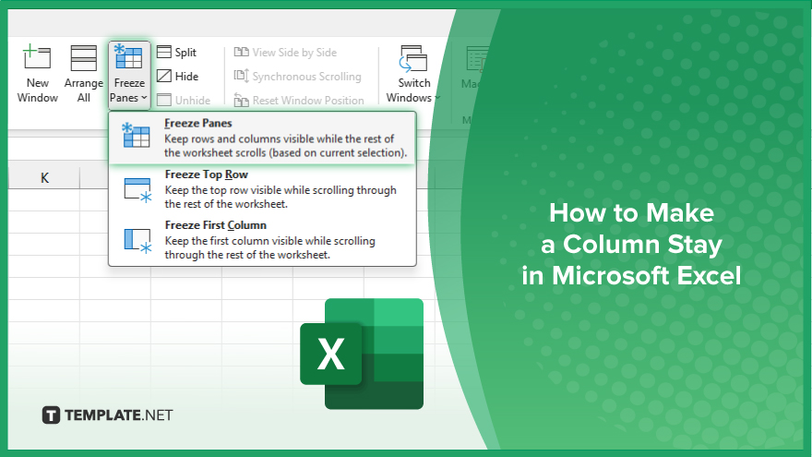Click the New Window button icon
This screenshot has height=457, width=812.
click(37, 56)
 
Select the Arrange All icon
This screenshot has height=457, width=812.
click(83, 57)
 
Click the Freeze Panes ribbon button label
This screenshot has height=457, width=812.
click(128, 90)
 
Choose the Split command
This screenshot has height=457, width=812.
click(176, 53)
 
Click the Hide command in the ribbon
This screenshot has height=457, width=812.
click(177, 76)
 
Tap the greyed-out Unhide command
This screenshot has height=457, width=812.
click(184, 100)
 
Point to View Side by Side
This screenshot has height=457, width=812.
click(285, 53)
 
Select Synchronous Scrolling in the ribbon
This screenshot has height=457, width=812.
click(298, 76)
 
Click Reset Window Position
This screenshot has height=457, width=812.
click(299, 100)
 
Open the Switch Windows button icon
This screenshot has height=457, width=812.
click(412, 58)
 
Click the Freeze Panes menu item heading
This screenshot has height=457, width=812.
click(197, 124)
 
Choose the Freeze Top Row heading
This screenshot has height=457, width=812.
click(206, 174)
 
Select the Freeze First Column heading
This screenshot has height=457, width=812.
click(215, 225)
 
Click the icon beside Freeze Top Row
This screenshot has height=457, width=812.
click(137, 189)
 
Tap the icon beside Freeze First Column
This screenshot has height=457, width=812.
click(137, 240)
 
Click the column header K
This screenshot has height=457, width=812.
click(44, 177)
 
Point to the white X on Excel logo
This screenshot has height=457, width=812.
click(330, 355)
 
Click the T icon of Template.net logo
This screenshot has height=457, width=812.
click(51, 415)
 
